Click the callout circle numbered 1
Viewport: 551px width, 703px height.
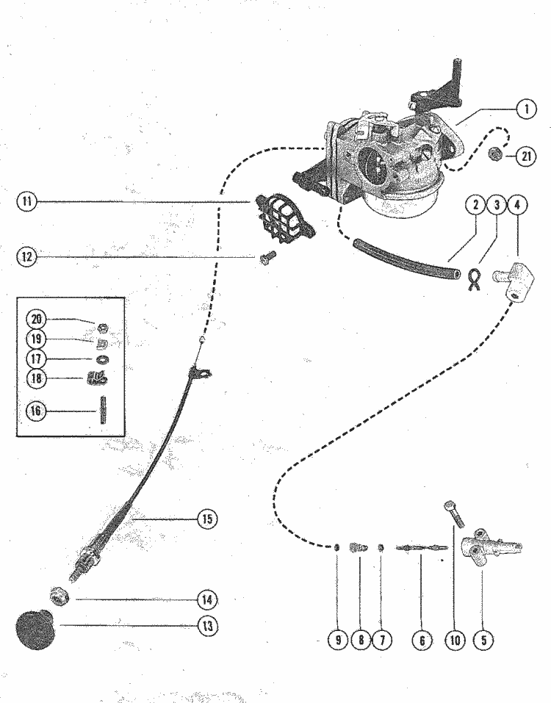(525, 109)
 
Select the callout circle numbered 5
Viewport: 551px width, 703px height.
(483, 640)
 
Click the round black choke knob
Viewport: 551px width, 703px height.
(34, 631)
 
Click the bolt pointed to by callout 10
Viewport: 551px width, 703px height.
(453, 511)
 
